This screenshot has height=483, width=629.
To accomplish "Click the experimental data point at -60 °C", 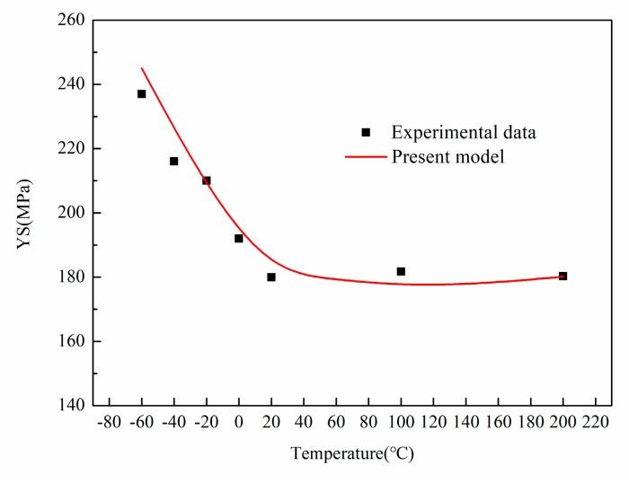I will click(141, 93).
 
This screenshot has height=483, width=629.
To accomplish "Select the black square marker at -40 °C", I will click(173, 162).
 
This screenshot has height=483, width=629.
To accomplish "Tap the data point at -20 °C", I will click(206, 180).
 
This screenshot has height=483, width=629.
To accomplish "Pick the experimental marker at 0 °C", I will click(239, 238).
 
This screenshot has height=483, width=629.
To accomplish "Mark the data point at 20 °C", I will click(271, 277).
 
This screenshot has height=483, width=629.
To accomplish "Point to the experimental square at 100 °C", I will click(401, 271).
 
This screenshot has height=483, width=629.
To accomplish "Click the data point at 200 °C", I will click(563, 276).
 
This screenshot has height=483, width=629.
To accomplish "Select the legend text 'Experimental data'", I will click(464, 133).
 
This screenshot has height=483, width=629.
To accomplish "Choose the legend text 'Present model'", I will click(447, 157).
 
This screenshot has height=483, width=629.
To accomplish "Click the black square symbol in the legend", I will click(366, 133).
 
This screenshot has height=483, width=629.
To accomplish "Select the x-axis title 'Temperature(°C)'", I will click(352, 454).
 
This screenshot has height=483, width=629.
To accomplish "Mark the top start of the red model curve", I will click(142, 68).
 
